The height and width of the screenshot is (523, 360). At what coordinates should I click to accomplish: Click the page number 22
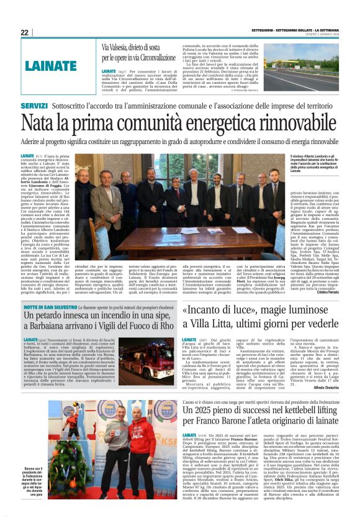(x=24, y=32)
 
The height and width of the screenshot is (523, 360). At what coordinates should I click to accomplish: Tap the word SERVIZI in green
(x=34, y=107)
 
